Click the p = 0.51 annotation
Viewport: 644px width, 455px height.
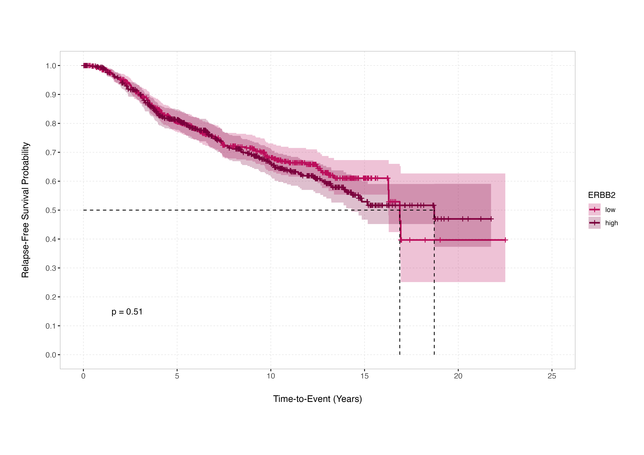(x=127, y=312)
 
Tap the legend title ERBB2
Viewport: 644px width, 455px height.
(x=602, y=195)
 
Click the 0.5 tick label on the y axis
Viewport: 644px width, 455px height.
(x=51, y=210)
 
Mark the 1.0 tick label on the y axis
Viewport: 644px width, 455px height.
(x=51, y=66)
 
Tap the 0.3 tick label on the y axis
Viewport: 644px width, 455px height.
(x=51, y=268)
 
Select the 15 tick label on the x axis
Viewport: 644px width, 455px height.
(x=364, y=376)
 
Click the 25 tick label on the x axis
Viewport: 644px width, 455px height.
(x=552, y=376)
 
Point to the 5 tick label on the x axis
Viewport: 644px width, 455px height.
(x=177, y=376)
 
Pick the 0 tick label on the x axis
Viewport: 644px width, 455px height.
(x=83, y=376)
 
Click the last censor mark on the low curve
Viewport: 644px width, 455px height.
(x=505, y=240)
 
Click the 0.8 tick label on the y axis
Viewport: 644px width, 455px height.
(x=51, y=124)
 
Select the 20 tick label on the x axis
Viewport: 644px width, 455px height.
(x=458, y=376)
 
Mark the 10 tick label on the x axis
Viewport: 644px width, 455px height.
(x=271, y=376)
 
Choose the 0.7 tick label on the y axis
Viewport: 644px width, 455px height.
(x=51, y=152)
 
